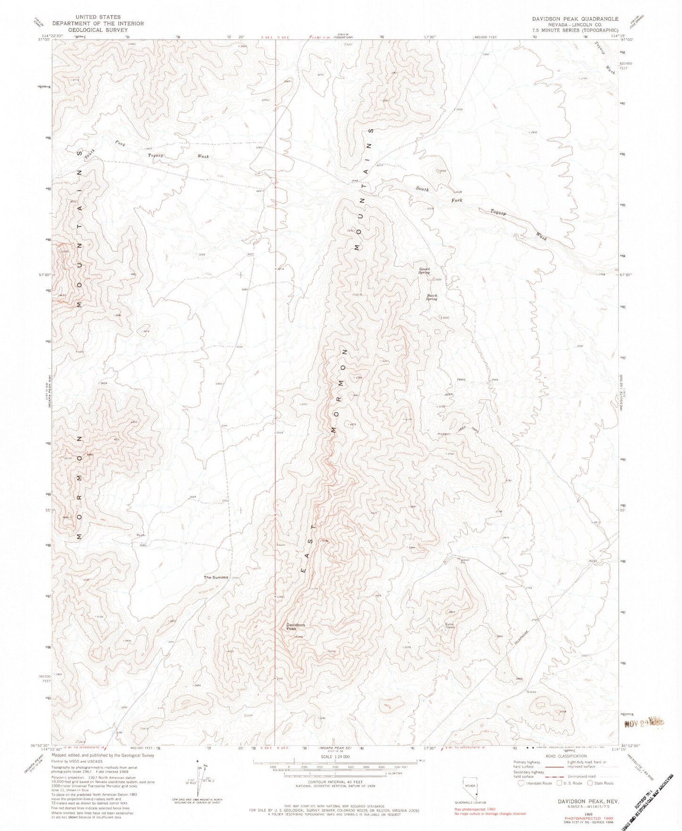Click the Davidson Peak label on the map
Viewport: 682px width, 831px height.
point(295,627)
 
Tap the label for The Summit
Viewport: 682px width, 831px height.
point(216,577)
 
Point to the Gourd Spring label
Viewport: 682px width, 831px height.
point(424,271)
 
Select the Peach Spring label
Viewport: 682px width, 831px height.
point(432,297)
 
